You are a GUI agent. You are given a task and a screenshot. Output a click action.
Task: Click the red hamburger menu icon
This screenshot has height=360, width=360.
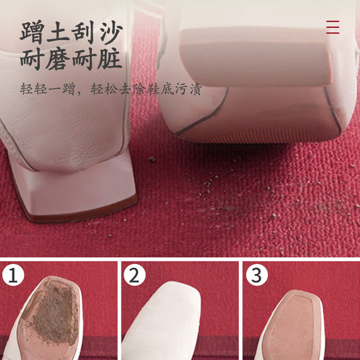[333, 27]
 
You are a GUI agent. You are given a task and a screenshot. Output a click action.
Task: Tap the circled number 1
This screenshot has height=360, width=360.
[13, 275]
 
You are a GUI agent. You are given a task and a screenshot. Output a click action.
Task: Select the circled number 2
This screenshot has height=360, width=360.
[134, 275]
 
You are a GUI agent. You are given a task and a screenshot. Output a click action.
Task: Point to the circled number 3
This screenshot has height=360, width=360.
[256, 275]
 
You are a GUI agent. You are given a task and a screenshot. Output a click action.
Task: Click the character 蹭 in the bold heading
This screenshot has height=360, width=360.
[32, 32]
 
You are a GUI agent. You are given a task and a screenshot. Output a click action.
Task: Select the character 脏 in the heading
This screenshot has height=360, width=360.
[109, 58]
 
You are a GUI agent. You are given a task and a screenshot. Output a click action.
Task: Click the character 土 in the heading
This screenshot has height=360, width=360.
[58, 32]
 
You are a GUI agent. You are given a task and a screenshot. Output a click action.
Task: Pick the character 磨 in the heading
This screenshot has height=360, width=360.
[58, 58]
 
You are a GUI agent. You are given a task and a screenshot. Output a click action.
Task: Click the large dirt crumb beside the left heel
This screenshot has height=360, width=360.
[152, 159]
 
